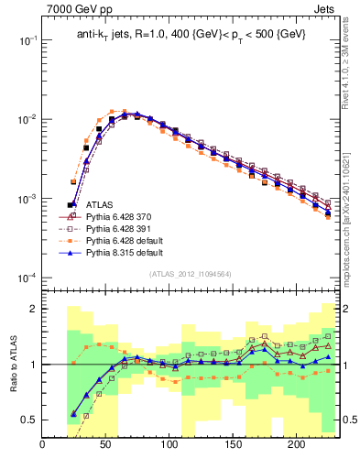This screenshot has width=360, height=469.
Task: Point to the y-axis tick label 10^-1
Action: pyautogui.click(x=26, y=41)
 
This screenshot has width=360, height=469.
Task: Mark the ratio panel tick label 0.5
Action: pyautogui.click(x=27, y=420)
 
